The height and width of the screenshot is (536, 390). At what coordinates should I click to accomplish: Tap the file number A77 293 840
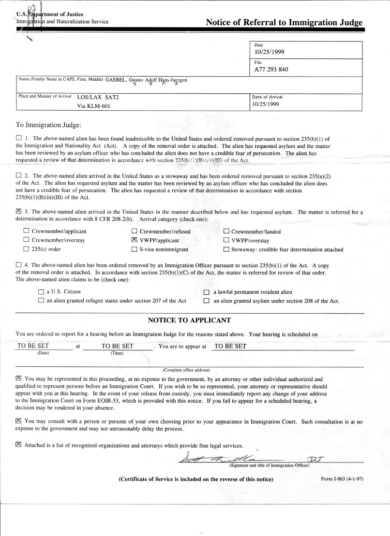tap(271, 69)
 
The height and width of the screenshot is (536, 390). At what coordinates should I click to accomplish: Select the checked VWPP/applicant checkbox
tap(135, 240)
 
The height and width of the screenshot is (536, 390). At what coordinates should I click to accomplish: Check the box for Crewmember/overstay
tap(26, 240)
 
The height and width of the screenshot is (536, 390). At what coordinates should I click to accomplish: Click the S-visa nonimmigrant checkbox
tap(135, 249)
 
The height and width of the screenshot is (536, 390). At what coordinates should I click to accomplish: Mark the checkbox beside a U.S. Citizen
tap(41, 292)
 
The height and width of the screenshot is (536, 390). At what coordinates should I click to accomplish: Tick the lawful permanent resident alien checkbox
tap(206, 292)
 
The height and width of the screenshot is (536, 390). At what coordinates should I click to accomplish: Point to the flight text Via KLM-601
tap(94, 106)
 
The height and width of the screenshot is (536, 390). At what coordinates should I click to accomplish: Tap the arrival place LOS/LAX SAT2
tap(98, 97)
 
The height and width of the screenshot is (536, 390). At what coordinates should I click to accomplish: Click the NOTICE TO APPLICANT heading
tap(189, 320)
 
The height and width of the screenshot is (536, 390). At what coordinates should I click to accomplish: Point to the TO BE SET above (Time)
tap(117, 346)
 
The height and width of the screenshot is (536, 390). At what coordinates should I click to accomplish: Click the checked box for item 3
tap(19, 212)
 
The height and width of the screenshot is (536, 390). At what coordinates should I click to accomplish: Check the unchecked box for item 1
tap(19, 139)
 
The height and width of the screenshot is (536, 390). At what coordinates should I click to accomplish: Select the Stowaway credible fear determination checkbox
tap(226, 249)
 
